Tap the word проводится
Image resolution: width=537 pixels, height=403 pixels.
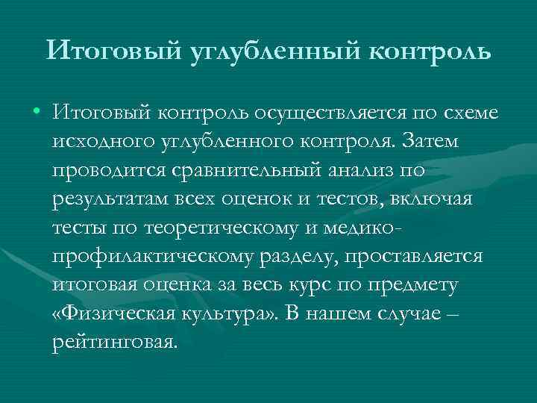[x=100, y=169]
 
